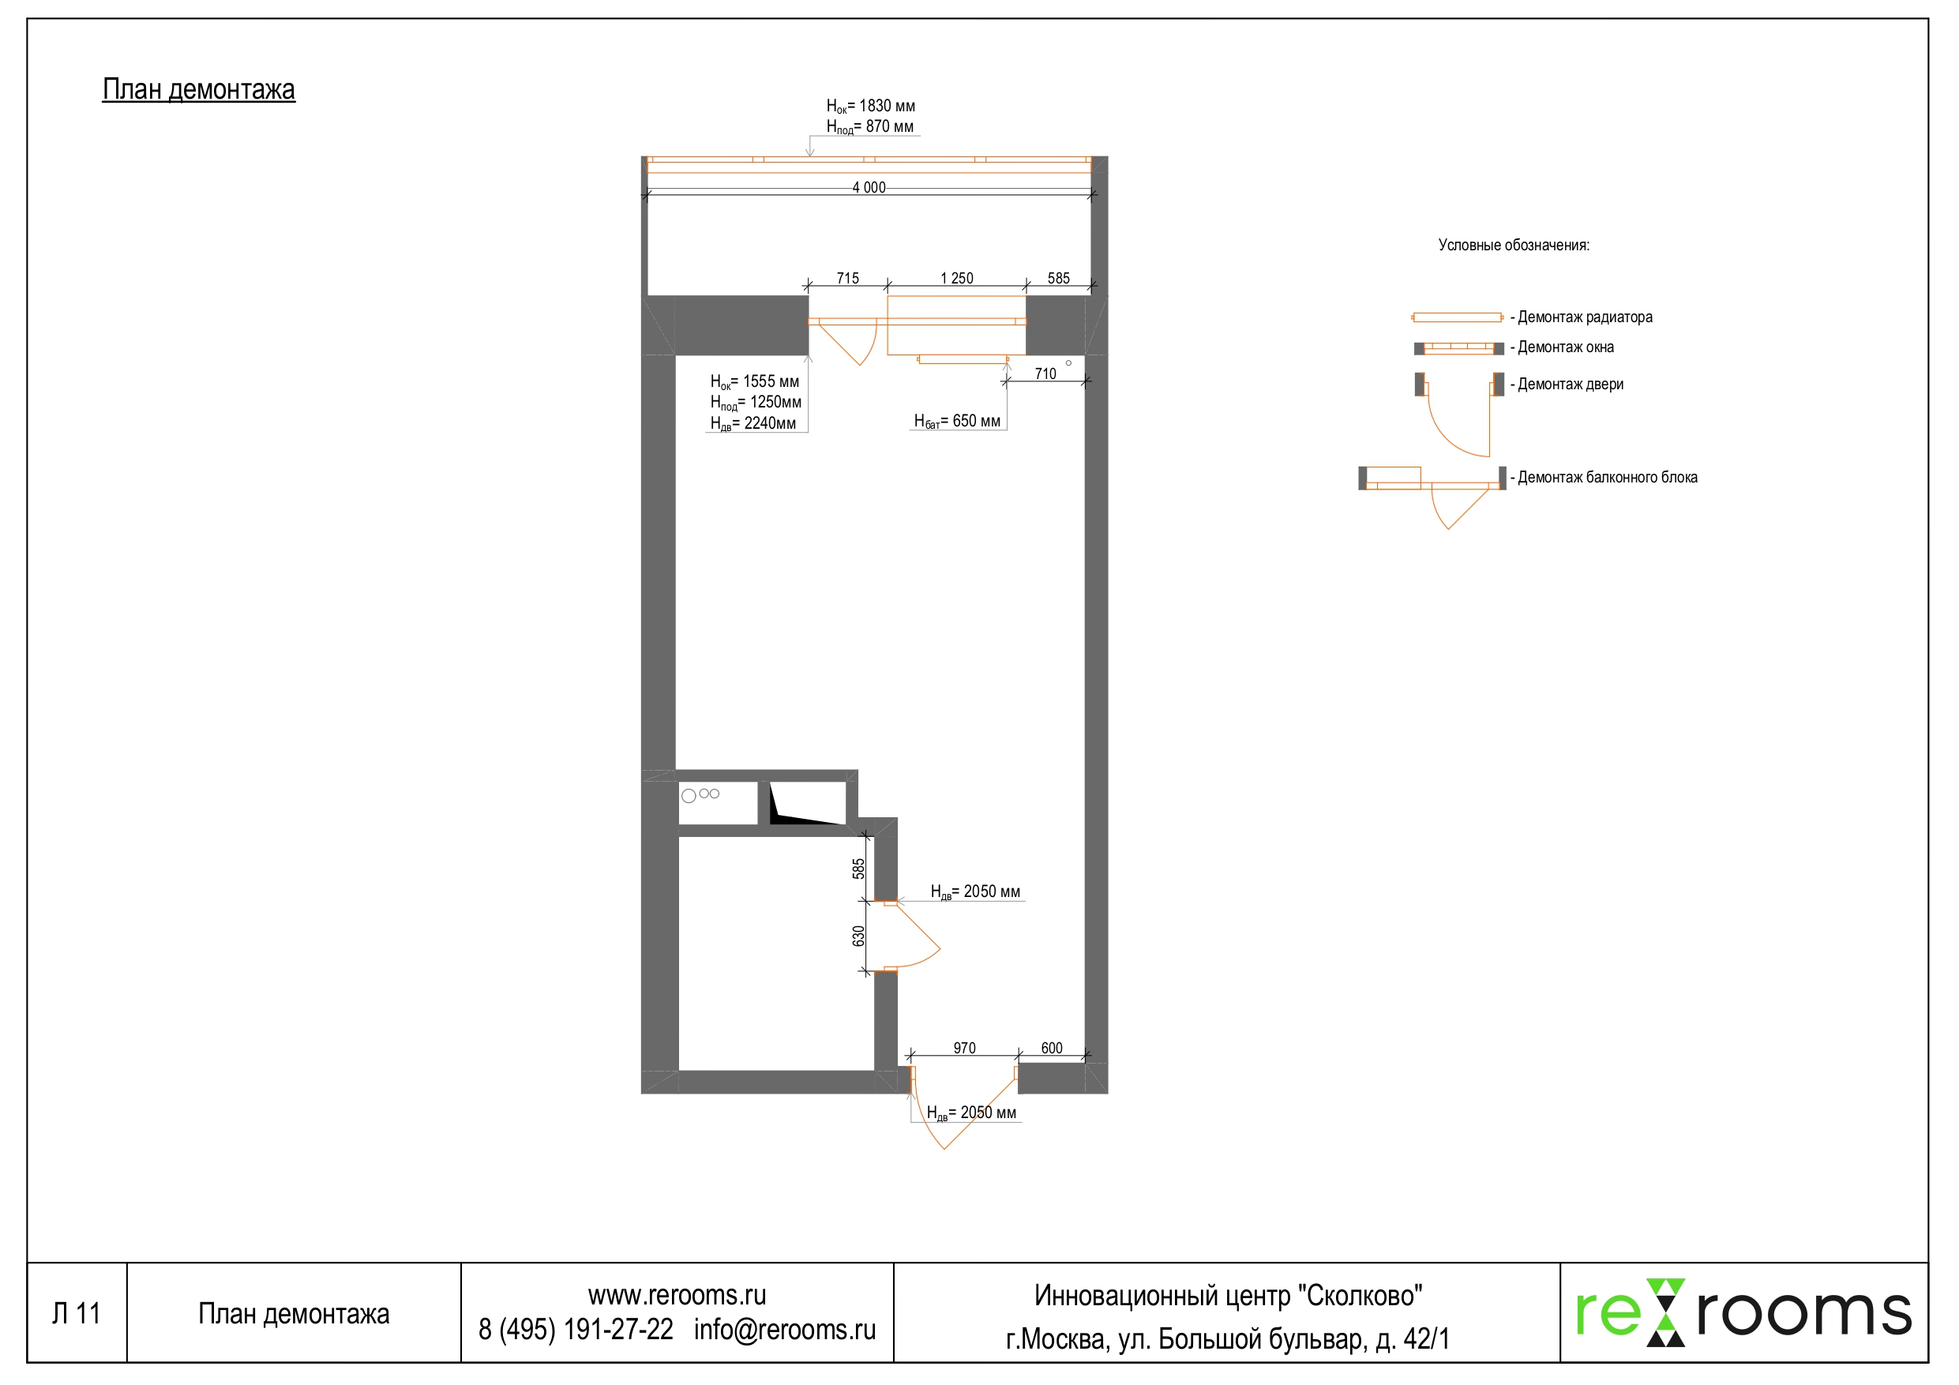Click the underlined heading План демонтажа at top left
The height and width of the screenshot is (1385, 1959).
point(198,88)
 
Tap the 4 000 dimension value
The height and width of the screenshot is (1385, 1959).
point(869,188)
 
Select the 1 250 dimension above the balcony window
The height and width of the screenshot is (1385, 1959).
point(956,278)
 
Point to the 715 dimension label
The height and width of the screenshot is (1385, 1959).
point(847,278)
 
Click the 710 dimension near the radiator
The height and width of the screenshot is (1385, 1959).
point(1045,373)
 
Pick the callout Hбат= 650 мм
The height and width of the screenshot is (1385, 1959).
point(956,421)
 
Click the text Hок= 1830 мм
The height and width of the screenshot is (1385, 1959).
point(870,106)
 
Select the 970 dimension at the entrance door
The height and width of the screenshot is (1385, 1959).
point(964,1048)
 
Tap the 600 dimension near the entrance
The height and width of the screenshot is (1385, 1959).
point(1051,1048)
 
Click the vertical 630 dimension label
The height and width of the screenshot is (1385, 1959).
point(858,936)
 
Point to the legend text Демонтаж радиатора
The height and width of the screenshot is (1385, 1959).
point(1585,317)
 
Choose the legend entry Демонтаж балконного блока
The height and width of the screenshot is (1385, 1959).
point(1607,478)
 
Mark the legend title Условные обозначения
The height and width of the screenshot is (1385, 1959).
point(1514,246)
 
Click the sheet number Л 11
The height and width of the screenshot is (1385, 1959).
point(76,1313)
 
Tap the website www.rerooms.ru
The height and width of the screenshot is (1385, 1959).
point(677,1296)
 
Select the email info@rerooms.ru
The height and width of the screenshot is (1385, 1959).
point(784,1330)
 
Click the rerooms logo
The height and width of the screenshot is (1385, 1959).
point(1743,1312)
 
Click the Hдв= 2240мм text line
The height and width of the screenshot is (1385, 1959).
point(752,423)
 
